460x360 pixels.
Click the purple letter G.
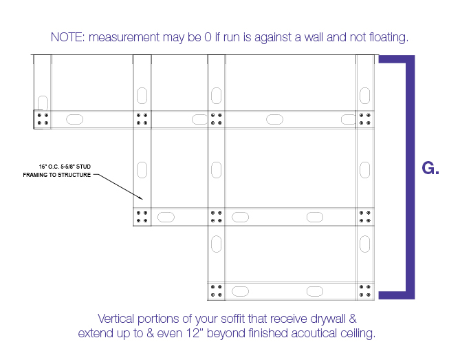[428, 168]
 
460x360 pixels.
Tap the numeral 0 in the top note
[208, 37]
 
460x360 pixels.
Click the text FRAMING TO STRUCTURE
[57, 175]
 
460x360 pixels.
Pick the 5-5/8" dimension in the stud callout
[67, 167]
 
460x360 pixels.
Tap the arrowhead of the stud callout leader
[142, 198]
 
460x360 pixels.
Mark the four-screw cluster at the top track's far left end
[43, 119]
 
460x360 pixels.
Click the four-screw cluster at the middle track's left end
[142, 217]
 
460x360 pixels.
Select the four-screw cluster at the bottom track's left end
[216, 290]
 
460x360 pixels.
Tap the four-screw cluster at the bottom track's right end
[365, 290]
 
